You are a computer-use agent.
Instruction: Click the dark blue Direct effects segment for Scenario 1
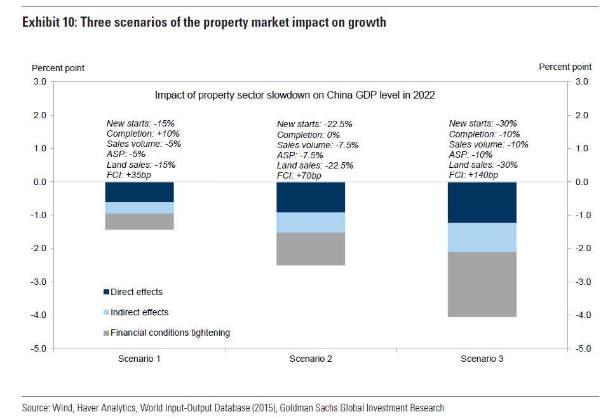(x=139, y=192)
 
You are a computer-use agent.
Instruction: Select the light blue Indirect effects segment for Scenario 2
(x=311, y=222)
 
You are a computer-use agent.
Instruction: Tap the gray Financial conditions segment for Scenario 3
(x=482, y=284)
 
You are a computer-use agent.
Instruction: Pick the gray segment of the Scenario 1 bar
(x=139, y=221)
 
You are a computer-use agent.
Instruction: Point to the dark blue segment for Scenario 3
(x=482, y=202)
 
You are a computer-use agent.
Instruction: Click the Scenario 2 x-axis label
(x=311, y=359)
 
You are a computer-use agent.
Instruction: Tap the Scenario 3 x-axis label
(x=482, y=359)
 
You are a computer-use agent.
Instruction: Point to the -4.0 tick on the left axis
(x=39, y=315)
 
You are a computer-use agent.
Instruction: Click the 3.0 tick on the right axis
(x=582, y=81)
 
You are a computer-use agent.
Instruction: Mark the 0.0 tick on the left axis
(x=40, y=182)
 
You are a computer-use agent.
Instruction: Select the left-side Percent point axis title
(x=58, y=68)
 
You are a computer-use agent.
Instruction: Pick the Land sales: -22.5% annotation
(x=315, y=165)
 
